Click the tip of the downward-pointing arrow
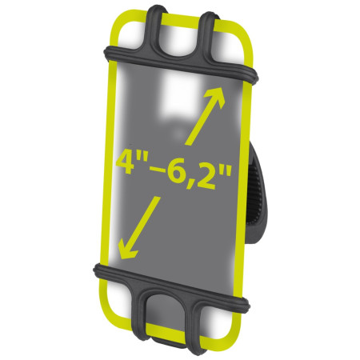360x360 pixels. (x=118, y=254)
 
